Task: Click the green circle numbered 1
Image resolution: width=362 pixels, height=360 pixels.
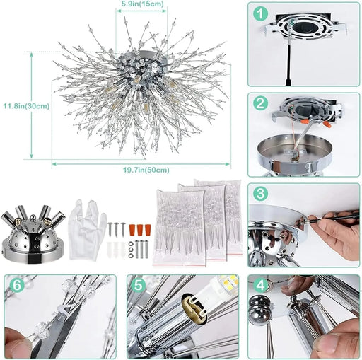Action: coord(262,13)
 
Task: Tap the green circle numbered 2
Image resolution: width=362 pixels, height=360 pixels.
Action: coord(262,103)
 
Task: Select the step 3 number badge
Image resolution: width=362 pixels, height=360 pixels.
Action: coord(262,193)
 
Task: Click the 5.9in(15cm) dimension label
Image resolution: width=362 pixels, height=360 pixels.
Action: coord(142,4)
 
